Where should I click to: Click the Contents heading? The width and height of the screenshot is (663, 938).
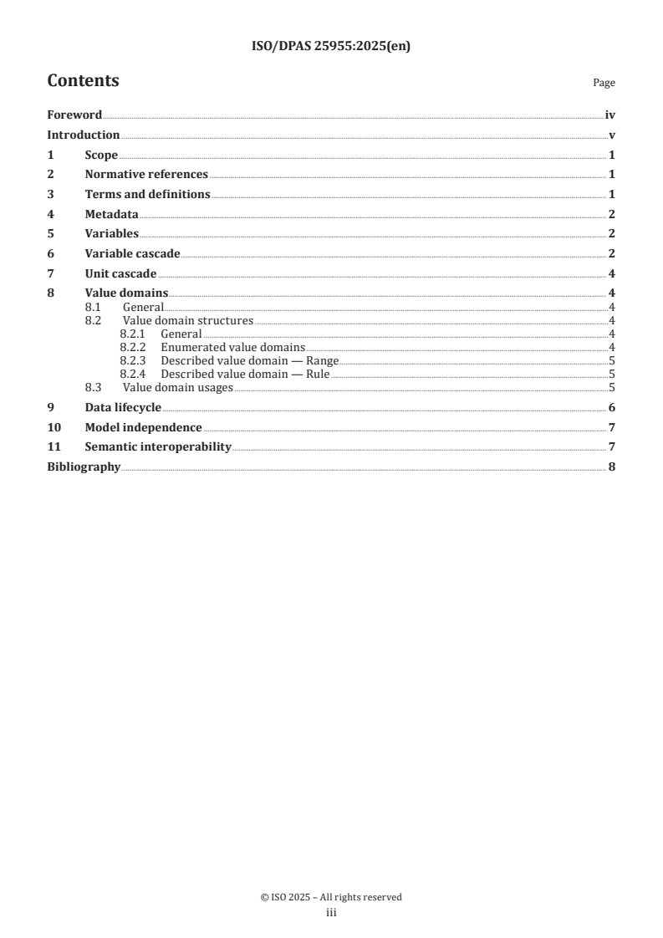pyautogui.click(x=83, y=81)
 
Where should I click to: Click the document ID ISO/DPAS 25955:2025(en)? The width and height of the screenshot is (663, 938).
pyautogui.click(x=331, y=47)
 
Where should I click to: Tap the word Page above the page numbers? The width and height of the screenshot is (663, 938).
pyautogui.click(x=604, y=83)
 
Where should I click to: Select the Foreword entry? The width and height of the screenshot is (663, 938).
pyautogui.click(x=74, y=115)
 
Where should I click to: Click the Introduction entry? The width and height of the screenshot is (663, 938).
pyautogui.click(x=84, y=135)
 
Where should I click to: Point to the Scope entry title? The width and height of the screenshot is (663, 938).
pyautogui.click(x=101, y=155)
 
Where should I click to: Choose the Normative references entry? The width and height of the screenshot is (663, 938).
pyautogui.click(x=146, y=175)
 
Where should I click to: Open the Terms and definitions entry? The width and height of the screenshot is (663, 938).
pyautogui.click(x=147, y=194)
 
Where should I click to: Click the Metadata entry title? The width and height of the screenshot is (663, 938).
pyautogui.click(x=112, y=214)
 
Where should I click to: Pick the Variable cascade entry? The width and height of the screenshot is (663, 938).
pyautogui.click(x=132, y=253)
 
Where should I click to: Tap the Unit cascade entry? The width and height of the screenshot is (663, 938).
pyautogui.click(x=120, y=273)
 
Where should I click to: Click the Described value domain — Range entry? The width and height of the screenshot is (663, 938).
pyautogui.click(x=238, y=361)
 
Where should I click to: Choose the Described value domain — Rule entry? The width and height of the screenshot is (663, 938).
pyautogui.click(x=233, y=375)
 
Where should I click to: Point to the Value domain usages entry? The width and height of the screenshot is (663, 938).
pyautogui.click(x=178, y=388)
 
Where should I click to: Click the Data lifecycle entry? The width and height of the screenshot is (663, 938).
pyautogui.click(x=123, y=407)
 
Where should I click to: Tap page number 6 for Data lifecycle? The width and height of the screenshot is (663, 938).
pyautogui.click(x=612, y=407)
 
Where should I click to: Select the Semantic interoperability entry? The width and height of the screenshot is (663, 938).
pyautogui.click(x=158, y=446)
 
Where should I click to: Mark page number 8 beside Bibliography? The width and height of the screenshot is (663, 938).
pyautogui.click(x=612, y=466)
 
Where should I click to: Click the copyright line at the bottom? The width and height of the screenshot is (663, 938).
pyautogui.click(x=331, y=897)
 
